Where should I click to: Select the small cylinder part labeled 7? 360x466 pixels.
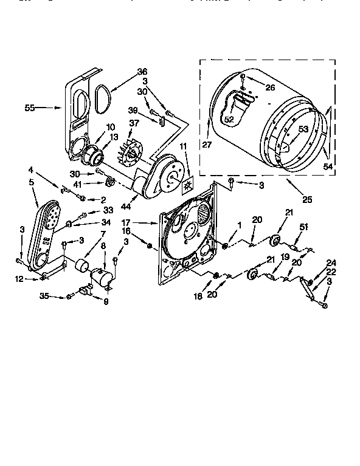click(80, 266)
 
